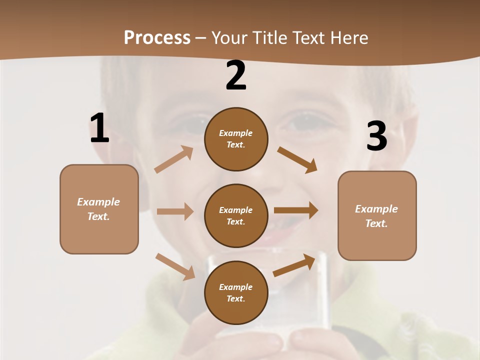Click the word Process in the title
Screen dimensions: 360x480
157,38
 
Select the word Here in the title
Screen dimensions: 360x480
349,38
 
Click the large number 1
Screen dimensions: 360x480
99,128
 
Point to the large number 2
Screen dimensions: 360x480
236,75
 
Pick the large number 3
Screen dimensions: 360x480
376,136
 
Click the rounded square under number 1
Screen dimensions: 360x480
99,209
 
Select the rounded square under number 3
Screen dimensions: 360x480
377,215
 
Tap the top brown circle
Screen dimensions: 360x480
236,139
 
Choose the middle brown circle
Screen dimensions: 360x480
236,215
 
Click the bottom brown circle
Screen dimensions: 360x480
236,292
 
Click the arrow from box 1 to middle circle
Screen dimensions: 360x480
174,211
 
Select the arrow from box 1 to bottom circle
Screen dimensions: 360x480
175,266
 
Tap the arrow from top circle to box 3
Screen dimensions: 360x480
297,159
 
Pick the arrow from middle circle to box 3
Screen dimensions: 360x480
296,210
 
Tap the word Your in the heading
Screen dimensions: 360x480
230,38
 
